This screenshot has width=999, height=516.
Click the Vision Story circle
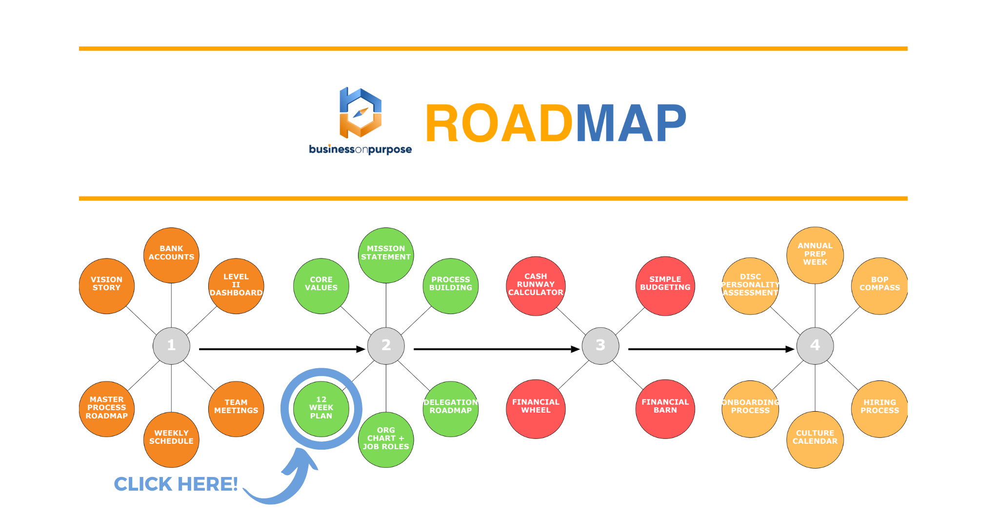[x=106, y=286]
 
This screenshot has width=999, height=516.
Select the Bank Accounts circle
[x=171, y=255]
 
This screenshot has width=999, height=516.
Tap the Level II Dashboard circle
[x=236, y=286]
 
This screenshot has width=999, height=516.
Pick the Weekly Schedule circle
[x=171, y=439]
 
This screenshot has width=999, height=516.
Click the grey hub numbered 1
[x=171, y=346]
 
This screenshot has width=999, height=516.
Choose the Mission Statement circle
[x=386, y=255]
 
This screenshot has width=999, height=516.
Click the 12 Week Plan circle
[x=321, y=409]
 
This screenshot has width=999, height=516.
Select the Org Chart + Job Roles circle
[x=386, y=439]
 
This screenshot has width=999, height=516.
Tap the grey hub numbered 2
[x=386, y=346]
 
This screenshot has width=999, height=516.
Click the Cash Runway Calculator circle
[x=536, y=286]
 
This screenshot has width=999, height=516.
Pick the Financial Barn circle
[x=665, y=409]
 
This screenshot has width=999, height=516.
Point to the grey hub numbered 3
[x=600, y=346]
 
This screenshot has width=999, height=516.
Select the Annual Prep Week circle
[x=815, y=255]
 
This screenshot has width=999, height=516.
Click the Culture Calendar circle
[x=815, y=439]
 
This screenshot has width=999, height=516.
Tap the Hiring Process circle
[x=879, y=409]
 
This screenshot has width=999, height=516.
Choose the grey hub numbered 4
[x=815, y=346]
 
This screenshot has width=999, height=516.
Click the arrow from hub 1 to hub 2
[x=282, y=349]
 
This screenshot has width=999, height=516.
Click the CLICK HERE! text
[x=176, y=484]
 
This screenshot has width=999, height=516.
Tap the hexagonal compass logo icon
[x=360, y=113]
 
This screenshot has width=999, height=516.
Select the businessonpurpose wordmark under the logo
[x=360, y=149]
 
